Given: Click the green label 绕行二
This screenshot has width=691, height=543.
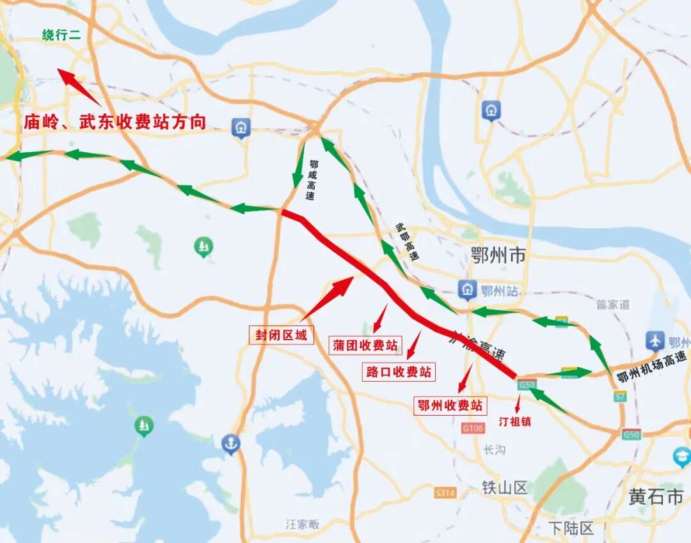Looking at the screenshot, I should click(61, 36).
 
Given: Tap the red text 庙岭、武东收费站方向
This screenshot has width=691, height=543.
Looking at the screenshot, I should click(115, 122).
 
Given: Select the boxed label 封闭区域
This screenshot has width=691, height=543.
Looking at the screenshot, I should click(282, 334).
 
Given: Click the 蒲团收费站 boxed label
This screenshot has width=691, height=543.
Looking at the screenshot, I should click(365, 345).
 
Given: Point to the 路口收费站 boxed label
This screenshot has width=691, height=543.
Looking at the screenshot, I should click(398, 372).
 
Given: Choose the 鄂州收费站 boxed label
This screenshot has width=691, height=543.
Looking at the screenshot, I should click(450, 405).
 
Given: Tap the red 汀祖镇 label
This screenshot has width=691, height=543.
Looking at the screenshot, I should click(515, 421).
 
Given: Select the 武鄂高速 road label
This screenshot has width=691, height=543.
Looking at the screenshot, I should click(407, 241).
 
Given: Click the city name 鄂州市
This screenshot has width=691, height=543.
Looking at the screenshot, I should click(497, 256).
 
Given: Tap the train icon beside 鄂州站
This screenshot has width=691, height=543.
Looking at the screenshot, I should click(467, 290).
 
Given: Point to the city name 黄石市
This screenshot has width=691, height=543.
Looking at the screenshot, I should click(656, 496).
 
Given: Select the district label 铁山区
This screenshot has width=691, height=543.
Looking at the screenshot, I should click(505, 488).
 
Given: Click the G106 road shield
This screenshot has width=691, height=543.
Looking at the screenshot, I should click(472, 428).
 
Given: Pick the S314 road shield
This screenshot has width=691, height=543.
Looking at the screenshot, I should click(445, 492).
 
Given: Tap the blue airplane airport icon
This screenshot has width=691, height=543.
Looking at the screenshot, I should click(653, 341).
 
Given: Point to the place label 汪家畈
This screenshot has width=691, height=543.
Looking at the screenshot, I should click(302, 524).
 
